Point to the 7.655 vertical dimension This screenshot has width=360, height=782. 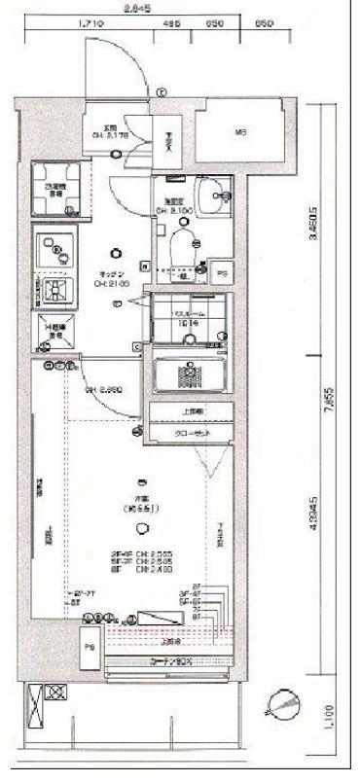point(332,396)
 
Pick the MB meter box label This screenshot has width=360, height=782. point(238,132)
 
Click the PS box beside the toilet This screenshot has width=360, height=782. point(222,274)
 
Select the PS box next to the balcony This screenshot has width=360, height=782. point(90,647)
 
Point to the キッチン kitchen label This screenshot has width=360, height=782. point(114,273)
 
